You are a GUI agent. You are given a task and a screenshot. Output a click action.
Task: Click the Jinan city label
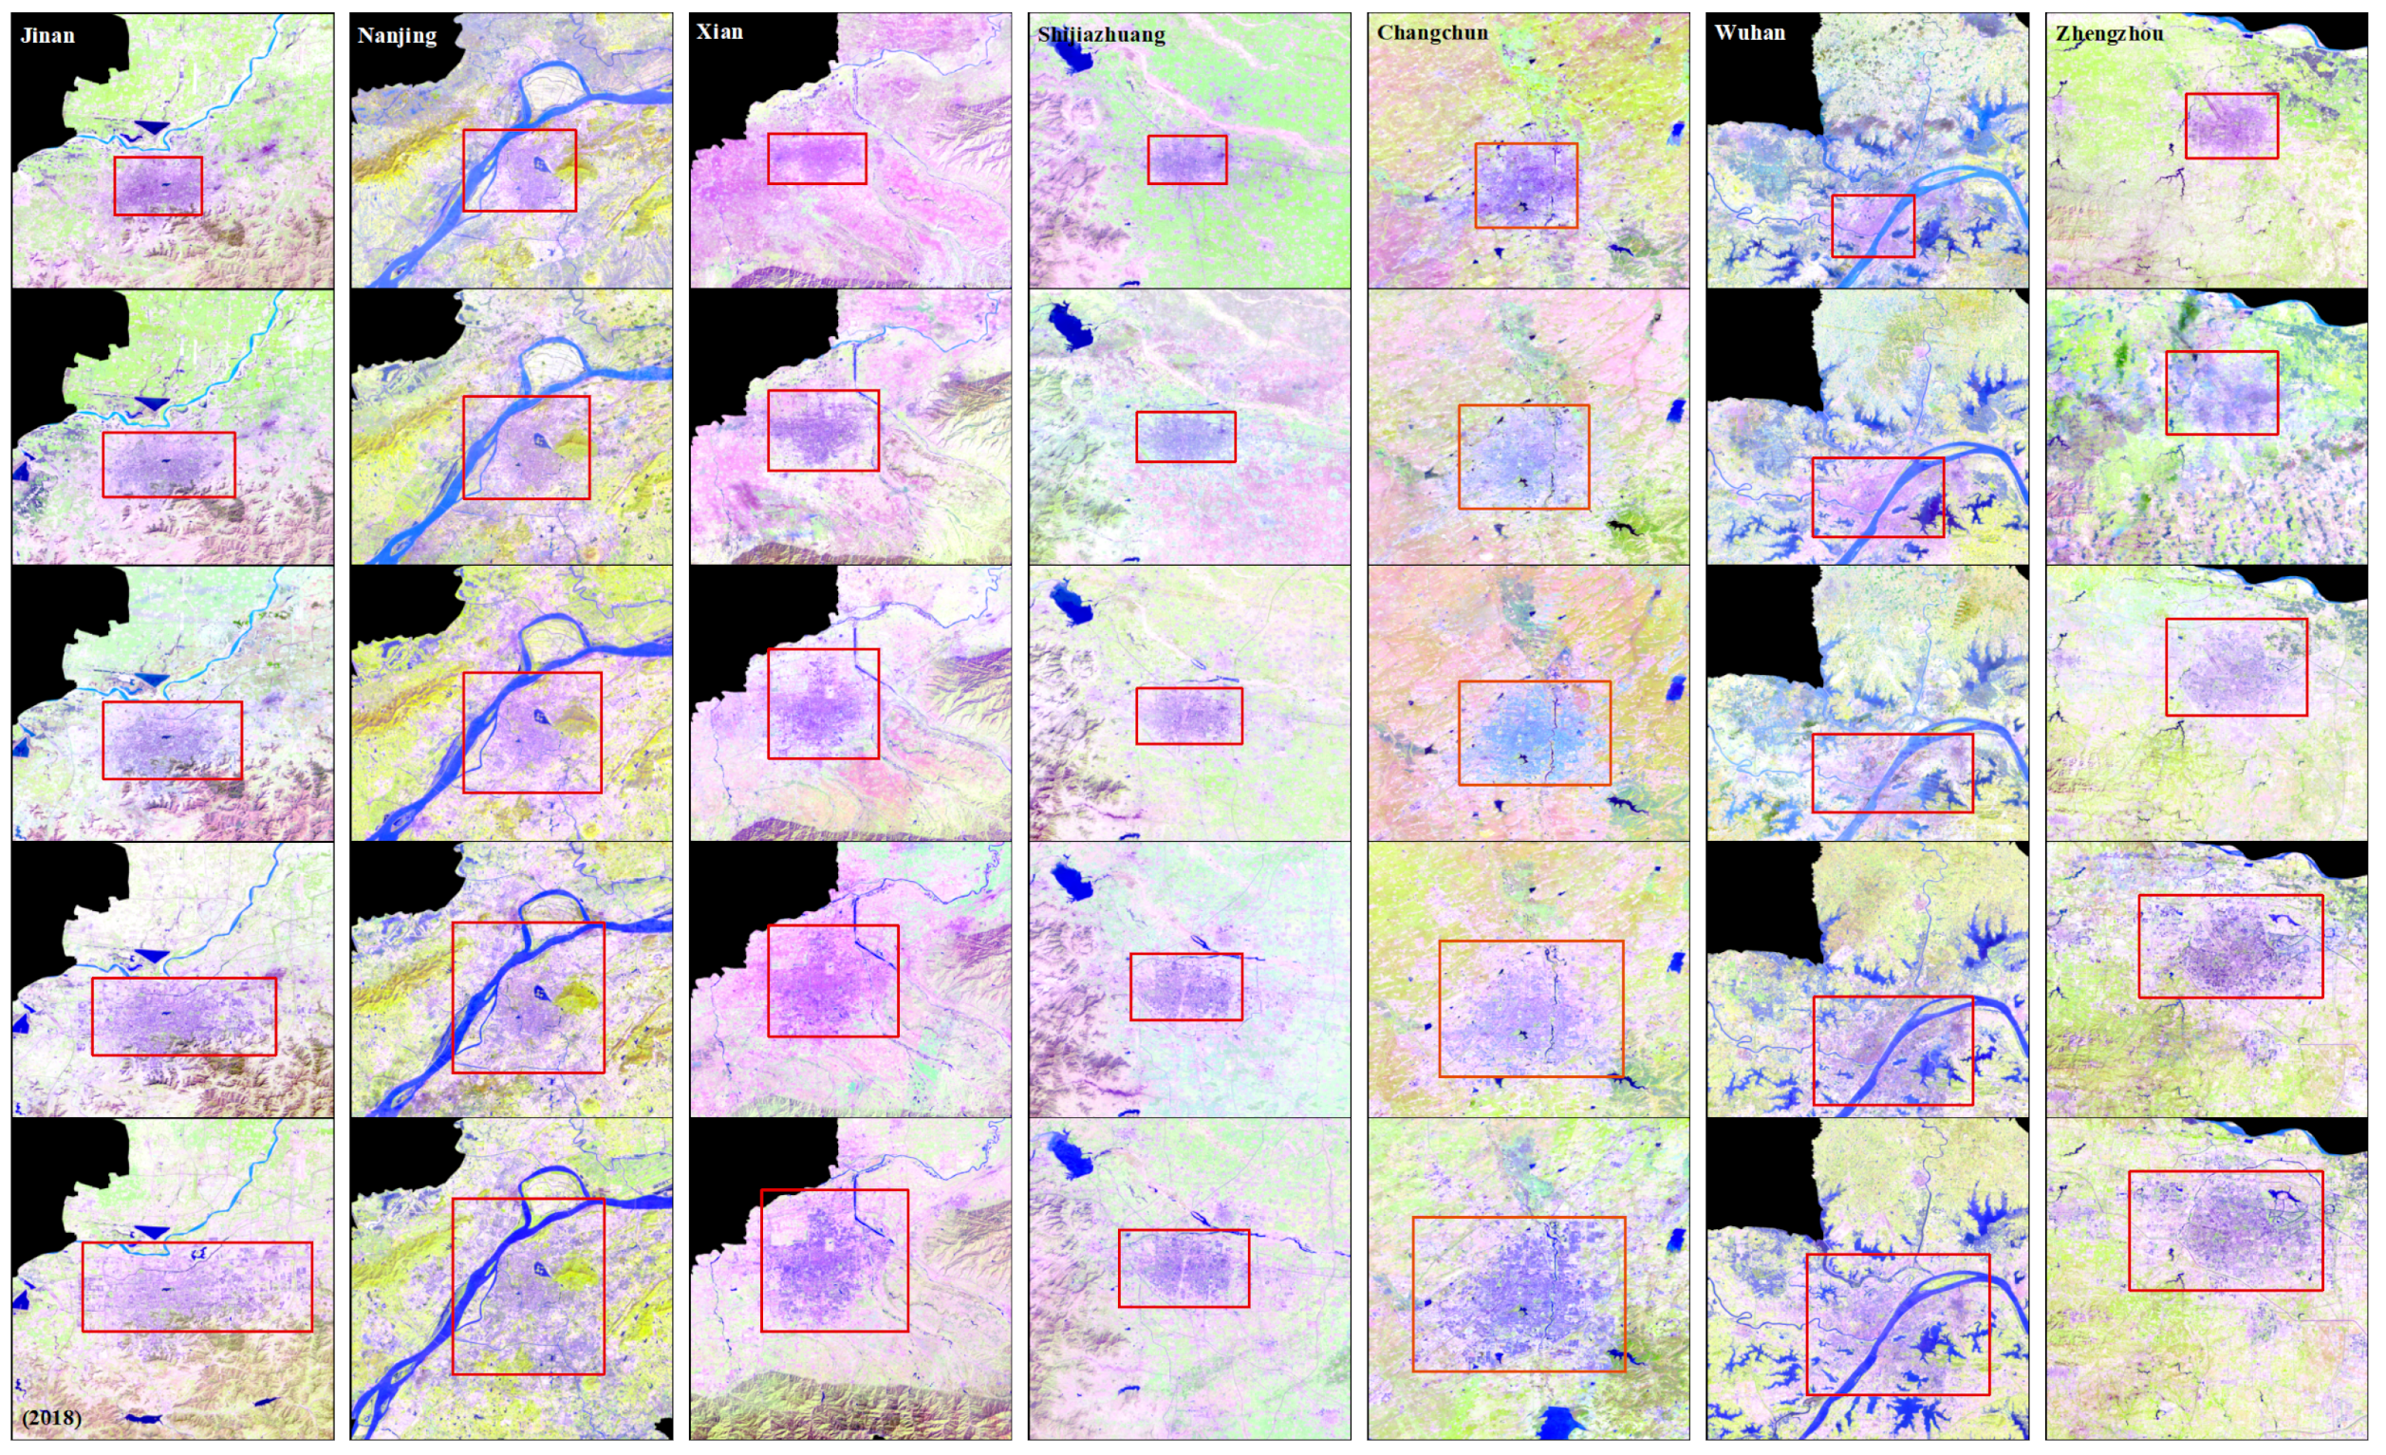coord(47,36)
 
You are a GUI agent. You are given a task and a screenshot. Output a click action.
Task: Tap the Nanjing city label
coord(397,36)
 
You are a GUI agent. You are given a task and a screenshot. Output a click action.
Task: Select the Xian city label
coord(719,32)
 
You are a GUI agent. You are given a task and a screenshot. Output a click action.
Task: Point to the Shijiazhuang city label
coord(1101,35)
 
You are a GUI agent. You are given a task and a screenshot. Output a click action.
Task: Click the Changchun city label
coord(1432,33)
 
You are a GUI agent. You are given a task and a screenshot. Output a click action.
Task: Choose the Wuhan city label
coord(1749,33)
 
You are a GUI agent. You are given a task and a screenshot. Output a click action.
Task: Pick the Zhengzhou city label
coord(2109,34)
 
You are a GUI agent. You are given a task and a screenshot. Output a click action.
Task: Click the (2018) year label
coord(51,1417)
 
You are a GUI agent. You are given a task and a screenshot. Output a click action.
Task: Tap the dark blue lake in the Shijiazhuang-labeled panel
coord(1070,53)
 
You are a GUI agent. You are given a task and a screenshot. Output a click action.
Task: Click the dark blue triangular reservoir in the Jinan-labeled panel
coord(152,128)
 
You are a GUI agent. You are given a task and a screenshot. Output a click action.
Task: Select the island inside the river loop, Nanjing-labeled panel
coord(552,92)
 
